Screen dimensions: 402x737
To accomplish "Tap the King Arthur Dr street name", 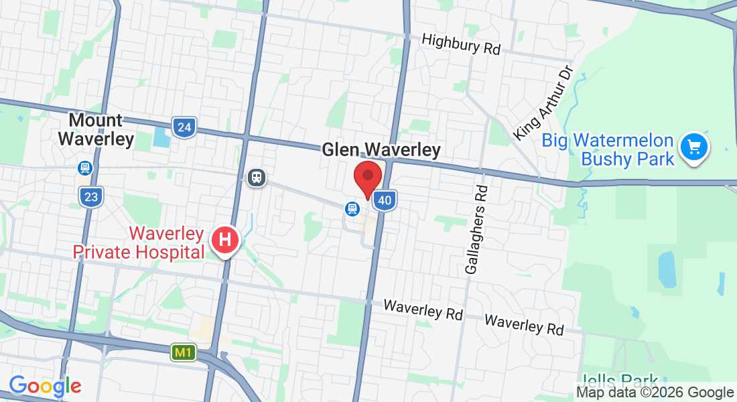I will point(543,103).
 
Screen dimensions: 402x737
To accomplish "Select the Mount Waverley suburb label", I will point(96,129).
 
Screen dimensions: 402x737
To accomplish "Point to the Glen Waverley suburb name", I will point(381,149).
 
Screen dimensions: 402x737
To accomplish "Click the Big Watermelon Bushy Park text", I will point(608,149).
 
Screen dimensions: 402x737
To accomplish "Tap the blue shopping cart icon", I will point(694,147).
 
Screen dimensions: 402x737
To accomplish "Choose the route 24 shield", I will point(184,127).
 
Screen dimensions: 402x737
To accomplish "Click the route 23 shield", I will point(91,197).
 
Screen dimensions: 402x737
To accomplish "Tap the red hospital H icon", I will point(225,240).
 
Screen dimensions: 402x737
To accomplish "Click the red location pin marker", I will point(367,178).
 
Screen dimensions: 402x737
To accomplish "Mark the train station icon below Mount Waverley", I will point(85,167).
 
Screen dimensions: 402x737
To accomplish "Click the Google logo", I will point(45,386).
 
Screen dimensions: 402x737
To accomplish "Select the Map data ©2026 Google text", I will point(655,393).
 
